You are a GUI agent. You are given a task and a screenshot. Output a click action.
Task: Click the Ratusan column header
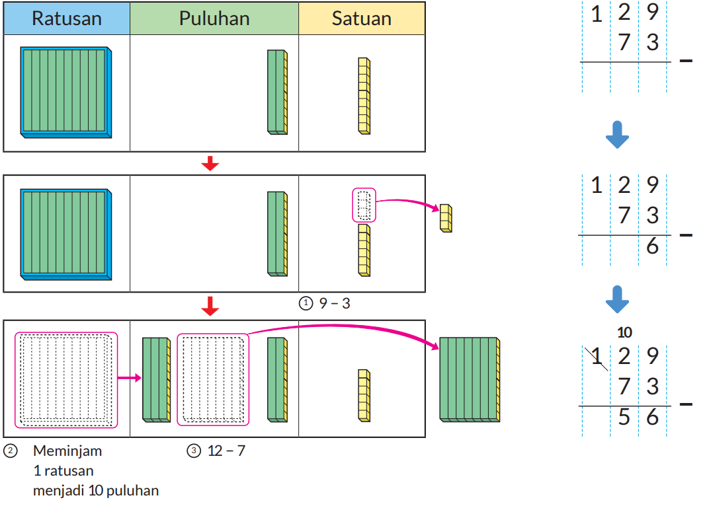coord(67,18)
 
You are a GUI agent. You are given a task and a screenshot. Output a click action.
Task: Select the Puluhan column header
coord(214,18)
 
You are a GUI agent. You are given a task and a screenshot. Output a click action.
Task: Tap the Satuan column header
coord(362,18)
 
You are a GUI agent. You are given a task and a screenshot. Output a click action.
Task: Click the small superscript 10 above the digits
coord(624,332)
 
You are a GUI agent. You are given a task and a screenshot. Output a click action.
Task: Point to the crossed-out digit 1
coord(597,357)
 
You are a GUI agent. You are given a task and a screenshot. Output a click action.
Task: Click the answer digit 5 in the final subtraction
coord(624,417)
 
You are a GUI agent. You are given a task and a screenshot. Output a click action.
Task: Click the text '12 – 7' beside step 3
coord(226,451)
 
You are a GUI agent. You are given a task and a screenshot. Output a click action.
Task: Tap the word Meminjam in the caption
coord(67,451)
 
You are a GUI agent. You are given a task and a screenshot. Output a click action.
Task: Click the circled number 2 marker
coord(10,451)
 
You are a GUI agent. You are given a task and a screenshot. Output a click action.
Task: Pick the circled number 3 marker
coord(193,451)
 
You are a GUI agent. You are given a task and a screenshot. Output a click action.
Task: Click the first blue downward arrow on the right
coord(617,135)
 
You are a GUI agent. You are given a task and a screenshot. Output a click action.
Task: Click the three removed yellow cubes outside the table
coord(446,218)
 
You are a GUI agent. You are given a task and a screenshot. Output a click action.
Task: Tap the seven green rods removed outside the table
coord(470,379)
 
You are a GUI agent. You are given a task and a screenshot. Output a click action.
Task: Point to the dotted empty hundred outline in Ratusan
coord(66,379)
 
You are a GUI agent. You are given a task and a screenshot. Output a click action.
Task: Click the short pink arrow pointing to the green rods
coord(130,379)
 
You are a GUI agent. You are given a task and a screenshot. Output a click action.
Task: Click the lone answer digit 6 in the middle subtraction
coord(653,246)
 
